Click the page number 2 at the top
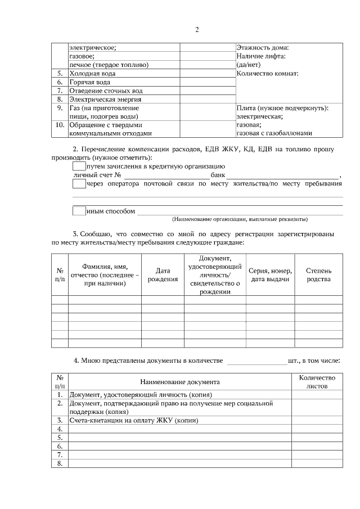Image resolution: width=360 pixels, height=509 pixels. [197, 29]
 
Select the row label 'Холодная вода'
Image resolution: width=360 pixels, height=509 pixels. [93, 73]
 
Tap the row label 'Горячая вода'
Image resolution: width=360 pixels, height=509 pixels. [90, 82]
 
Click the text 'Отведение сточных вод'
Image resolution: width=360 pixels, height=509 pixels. [106, 91]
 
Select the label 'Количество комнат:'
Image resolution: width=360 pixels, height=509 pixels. [267, 73]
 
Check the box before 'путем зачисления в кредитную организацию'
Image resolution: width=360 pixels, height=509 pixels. [79, 166]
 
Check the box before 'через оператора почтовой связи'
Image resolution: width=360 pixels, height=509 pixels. [79, 183]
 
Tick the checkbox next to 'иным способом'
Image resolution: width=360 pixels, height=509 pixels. [79, 211]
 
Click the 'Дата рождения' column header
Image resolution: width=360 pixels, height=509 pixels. [163, 275]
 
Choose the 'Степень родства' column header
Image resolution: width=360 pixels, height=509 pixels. [318, 275]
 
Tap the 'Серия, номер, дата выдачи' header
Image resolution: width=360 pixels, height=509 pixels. [270, 275]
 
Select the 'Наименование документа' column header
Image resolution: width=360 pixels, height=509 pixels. [179, 382]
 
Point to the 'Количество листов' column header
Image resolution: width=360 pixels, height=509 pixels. [317, 382]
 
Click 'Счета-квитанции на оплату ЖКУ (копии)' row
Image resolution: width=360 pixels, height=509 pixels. [134, 420]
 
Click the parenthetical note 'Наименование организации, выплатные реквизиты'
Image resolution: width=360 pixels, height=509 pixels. [244, 219]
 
